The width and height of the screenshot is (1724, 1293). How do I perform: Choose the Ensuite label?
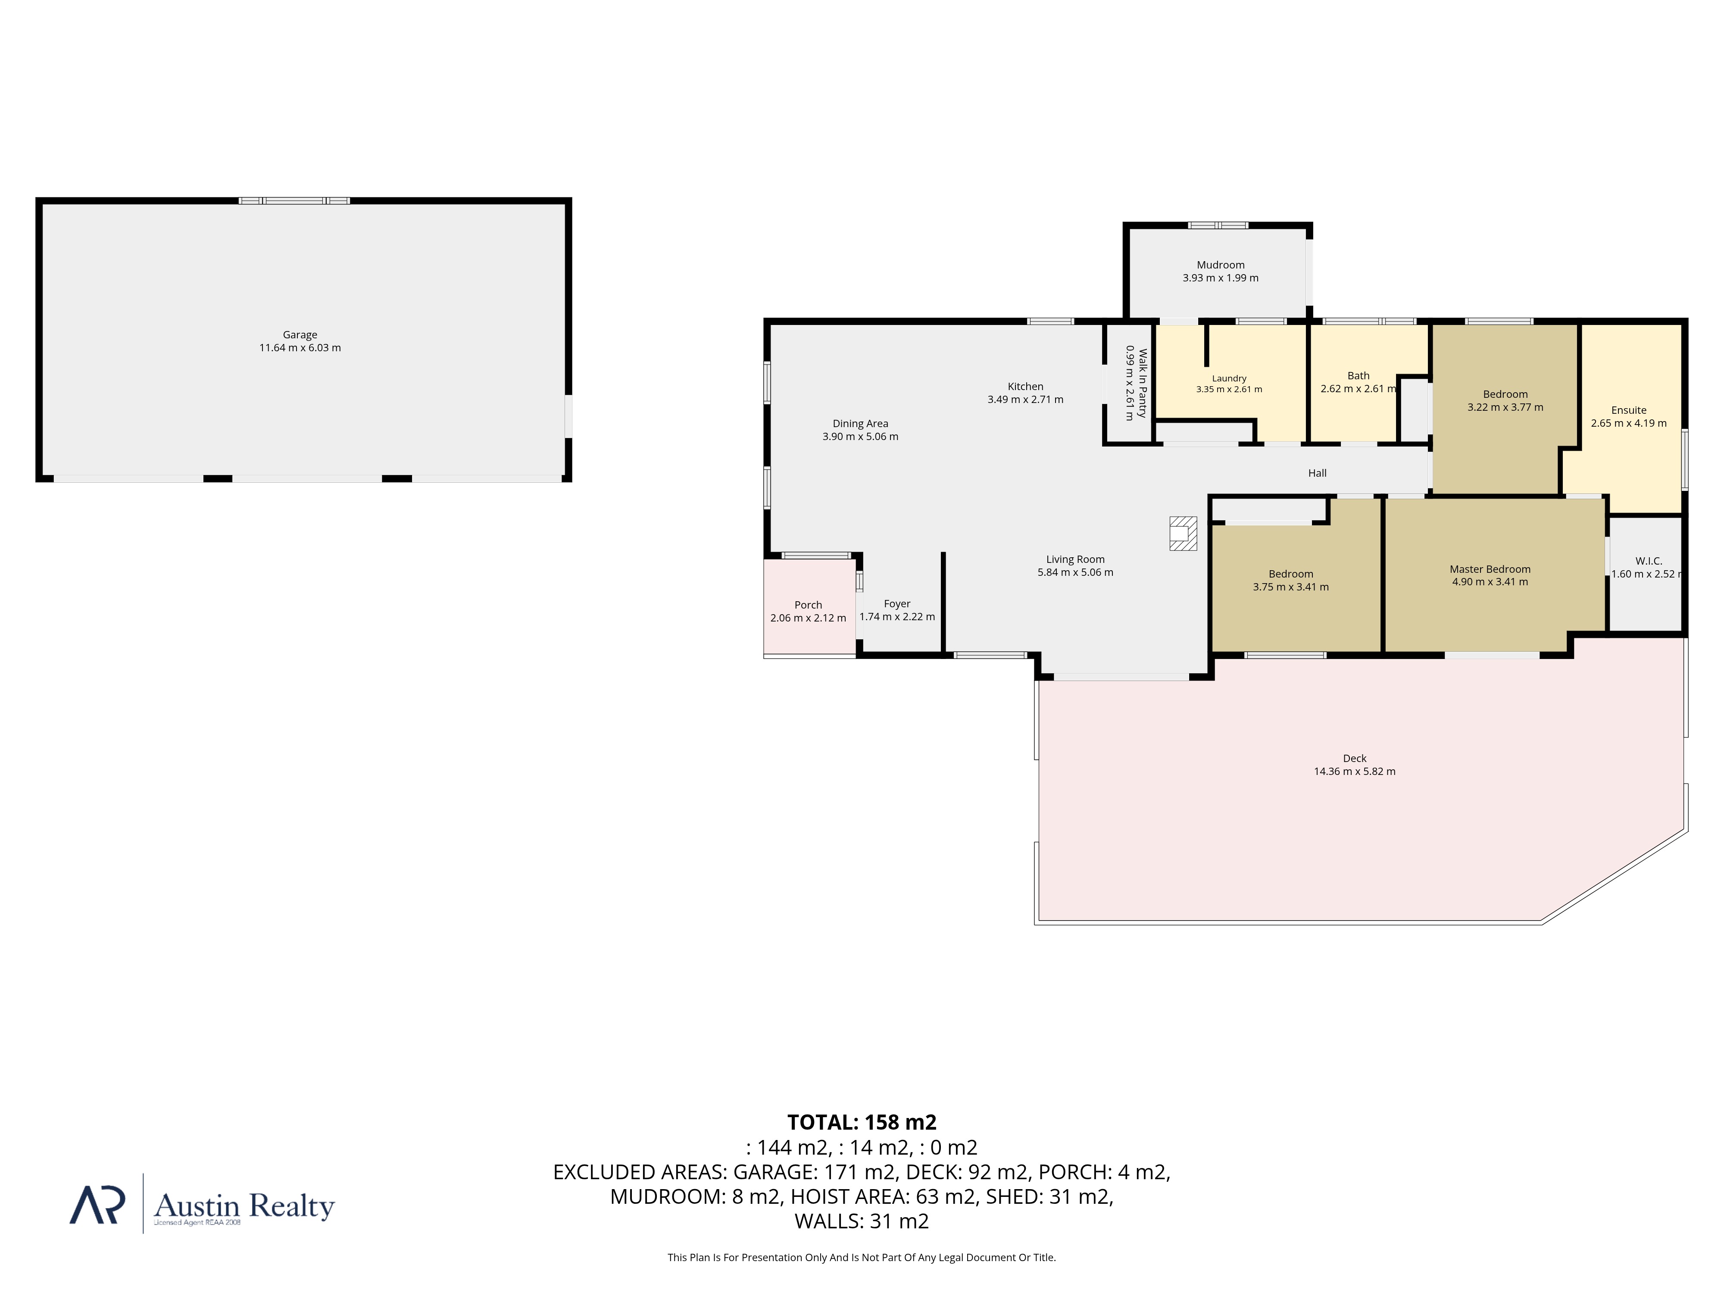(1629, 410)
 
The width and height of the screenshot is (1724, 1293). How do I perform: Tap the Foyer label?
(897, 604)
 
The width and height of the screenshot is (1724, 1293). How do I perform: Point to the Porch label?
(808, 605)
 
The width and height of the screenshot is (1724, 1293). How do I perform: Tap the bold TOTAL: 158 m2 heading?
(862, 1122)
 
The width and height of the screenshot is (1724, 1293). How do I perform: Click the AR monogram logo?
(97, 1205)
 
